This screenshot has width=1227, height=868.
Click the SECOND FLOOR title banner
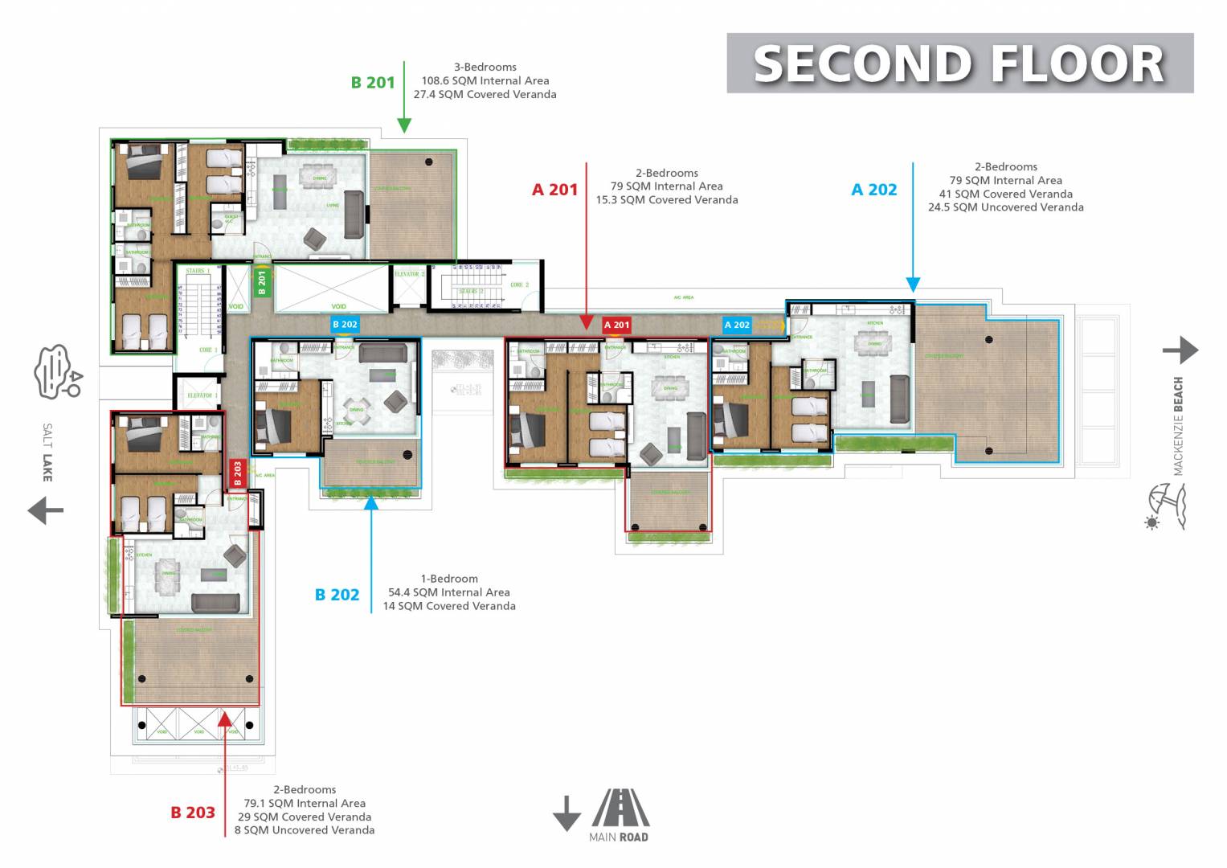click(x=959, y=63)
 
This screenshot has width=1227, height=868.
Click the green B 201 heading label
click(x=373, y=82)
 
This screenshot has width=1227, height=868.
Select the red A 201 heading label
click(x=554, y=190)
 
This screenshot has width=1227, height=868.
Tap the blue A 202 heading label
click(x=873, y=190)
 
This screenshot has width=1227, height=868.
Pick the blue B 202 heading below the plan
click(x=337, y=595)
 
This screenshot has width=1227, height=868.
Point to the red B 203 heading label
click(x=193, y=813)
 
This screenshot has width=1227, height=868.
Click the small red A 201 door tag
click(x=616, y=325)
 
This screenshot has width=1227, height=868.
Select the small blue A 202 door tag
click(x=737, y=325)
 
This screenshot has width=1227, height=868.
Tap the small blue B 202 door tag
click(x=345, y=324)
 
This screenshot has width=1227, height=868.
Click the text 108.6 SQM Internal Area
click(x=485, y=80)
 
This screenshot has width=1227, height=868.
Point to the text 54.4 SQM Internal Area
click(x=449, y=592)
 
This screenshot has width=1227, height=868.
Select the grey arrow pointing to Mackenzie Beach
click(x=1180, y=350)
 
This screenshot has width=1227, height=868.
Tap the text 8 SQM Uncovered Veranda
click(x=305, y=830)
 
